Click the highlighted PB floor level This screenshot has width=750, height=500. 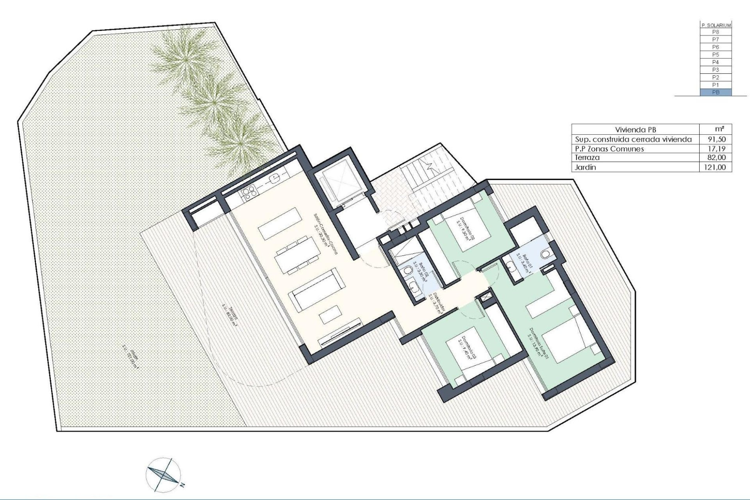point(716,93)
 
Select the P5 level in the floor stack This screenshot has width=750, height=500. point(716,55)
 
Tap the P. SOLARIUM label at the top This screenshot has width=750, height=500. point(716,25)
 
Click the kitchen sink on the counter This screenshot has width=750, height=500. point(275,178)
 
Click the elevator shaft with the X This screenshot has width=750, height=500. point(339,183)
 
